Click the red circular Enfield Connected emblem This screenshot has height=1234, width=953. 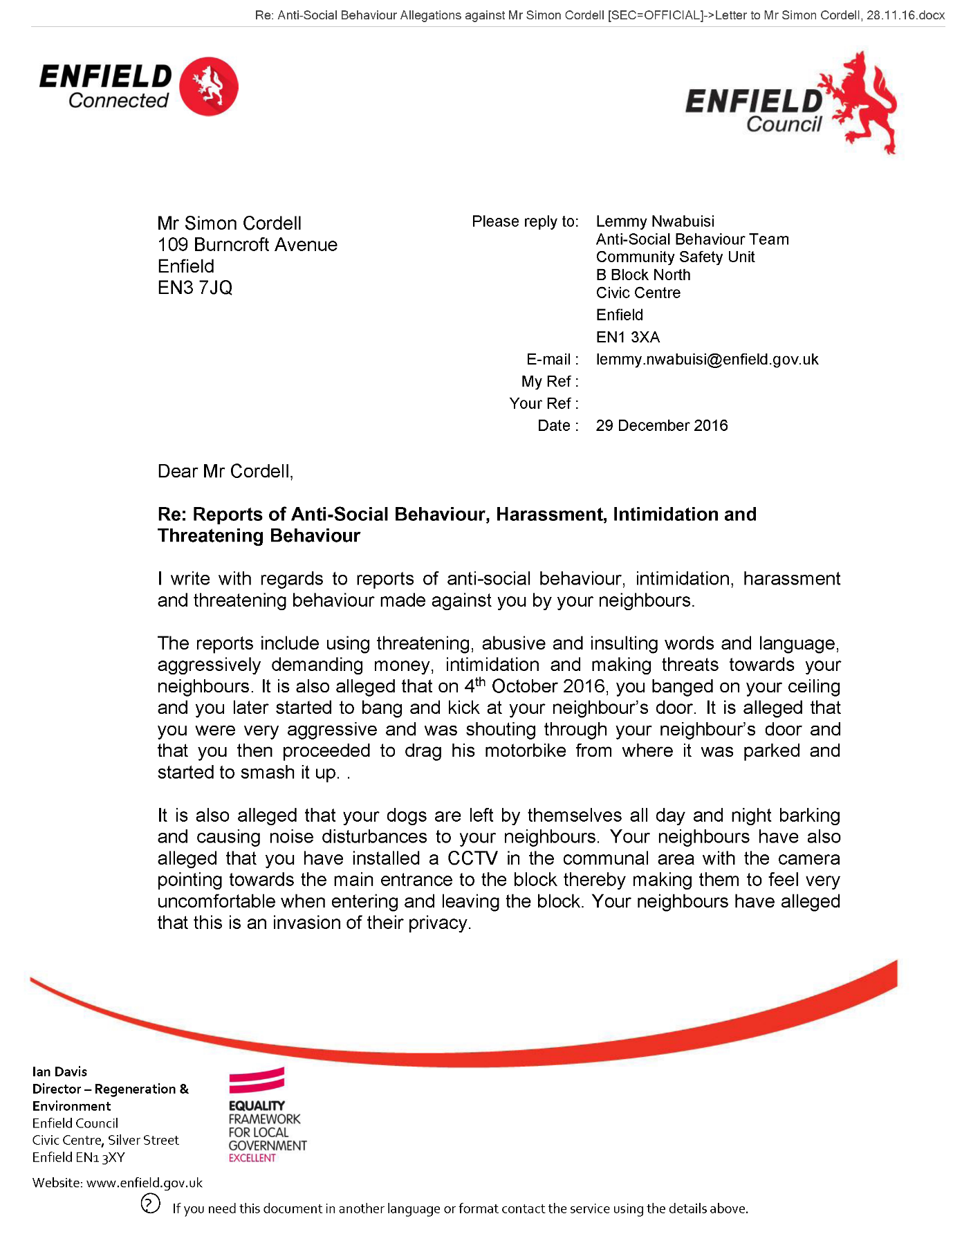209,86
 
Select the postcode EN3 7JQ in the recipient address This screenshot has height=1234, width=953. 195,288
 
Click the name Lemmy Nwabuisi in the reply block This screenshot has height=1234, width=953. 655,221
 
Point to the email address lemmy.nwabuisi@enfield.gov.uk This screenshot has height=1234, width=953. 707,360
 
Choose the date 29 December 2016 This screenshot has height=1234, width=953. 661,425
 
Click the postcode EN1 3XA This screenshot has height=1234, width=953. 627,338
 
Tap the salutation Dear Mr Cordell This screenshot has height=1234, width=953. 225,472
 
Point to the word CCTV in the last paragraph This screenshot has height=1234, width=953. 472,858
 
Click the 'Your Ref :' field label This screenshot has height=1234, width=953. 544,404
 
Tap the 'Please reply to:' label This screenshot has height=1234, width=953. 525,221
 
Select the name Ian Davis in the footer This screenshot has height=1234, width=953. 59,1071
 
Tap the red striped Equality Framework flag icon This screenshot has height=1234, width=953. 257,1080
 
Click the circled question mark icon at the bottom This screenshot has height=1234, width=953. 150,1204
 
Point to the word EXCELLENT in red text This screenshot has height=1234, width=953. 252,1158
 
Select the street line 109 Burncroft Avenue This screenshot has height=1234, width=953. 247,245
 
